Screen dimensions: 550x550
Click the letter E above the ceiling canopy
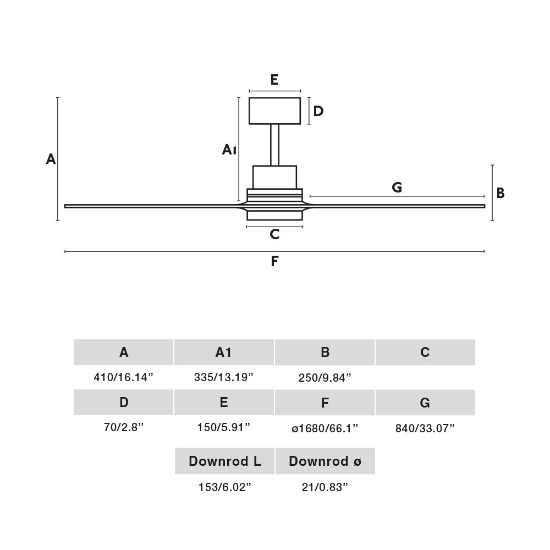click(274, 80)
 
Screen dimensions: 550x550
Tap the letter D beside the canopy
click(318, 111)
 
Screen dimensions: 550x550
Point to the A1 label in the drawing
click(229, 150)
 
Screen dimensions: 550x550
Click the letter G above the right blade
click(397, 188)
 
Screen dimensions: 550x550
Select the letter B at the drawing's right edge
click(501, 193)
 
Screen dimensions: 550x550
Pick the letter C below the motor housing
click(274, 234)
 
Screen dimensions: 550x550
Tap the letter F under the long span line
click(274, 261)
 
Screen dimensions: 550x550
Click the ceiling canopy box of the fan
click(274, 111)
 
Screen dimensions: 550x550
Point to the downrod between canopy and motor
click(274, 145)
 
